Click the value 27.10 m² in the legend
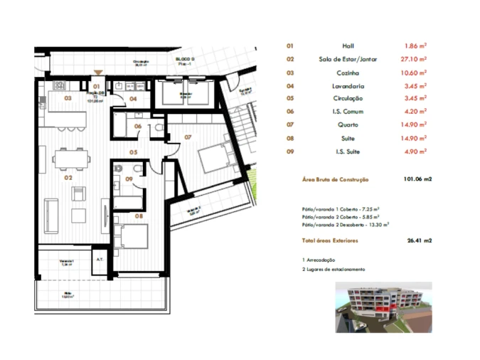click(415, 59)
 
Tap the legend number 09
click(290, 151)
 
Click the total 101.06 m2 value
click(417, 179)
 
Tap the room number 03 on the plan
click(68, 98)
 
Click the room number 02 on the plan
click(69, 178)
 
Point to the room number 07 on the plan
click(188, 136)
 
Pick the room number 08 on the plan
click(139, 214)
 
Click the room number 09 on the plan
click(129, 179)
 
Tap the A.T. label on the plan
click(100, 260)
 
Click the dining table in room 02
click(71, 157)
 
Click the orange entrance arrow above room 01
click(97, 73)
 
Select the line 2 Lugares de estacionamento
click(334, 270)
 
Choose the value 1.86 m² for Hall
click(415, 46)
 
